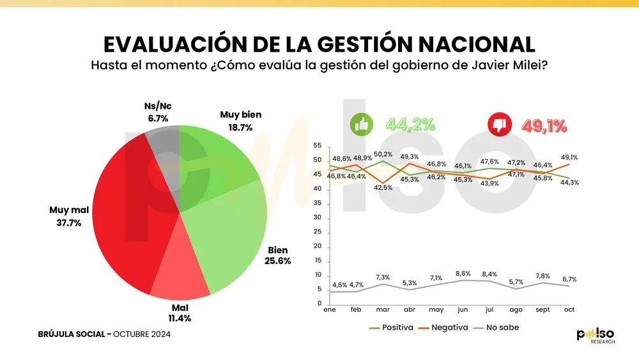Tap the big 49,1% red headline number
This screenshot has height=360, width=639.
tap(544, 126)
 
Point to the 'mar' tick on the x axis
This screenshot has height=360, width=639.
tap(383, 309)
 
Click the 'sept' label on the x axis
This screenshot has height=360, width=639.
tap(542, 309)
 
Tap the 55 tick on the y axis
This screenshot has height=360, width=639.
tap(317, 146)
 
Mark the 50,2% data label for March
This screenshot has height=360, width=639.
tap(383, 154)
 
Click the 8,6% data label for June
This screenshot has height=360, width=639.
tap(462, 273)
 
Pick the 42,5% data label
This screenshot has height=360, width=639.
tap(383, 187)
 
